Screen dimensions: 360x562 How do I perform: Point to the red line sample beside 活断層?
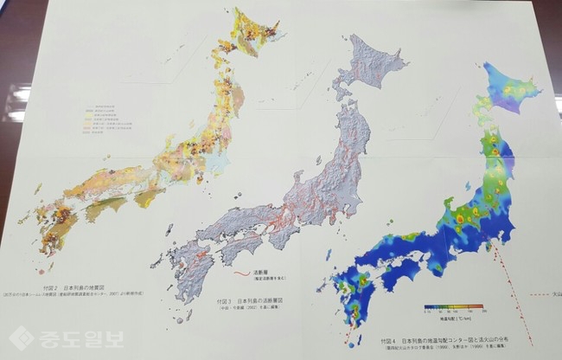pyautogui.click(x=243, y=276)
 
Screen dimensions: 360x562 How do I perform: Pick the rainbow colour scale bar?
pyautogui.click(x=453, y=306)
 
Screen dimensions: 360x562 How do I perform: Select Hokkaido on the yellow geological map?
pyautogui.click(x=251, y=35)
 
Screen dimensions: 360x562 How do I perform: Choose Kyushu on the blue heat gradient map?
pyautogui.click(x=354, y=294)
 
